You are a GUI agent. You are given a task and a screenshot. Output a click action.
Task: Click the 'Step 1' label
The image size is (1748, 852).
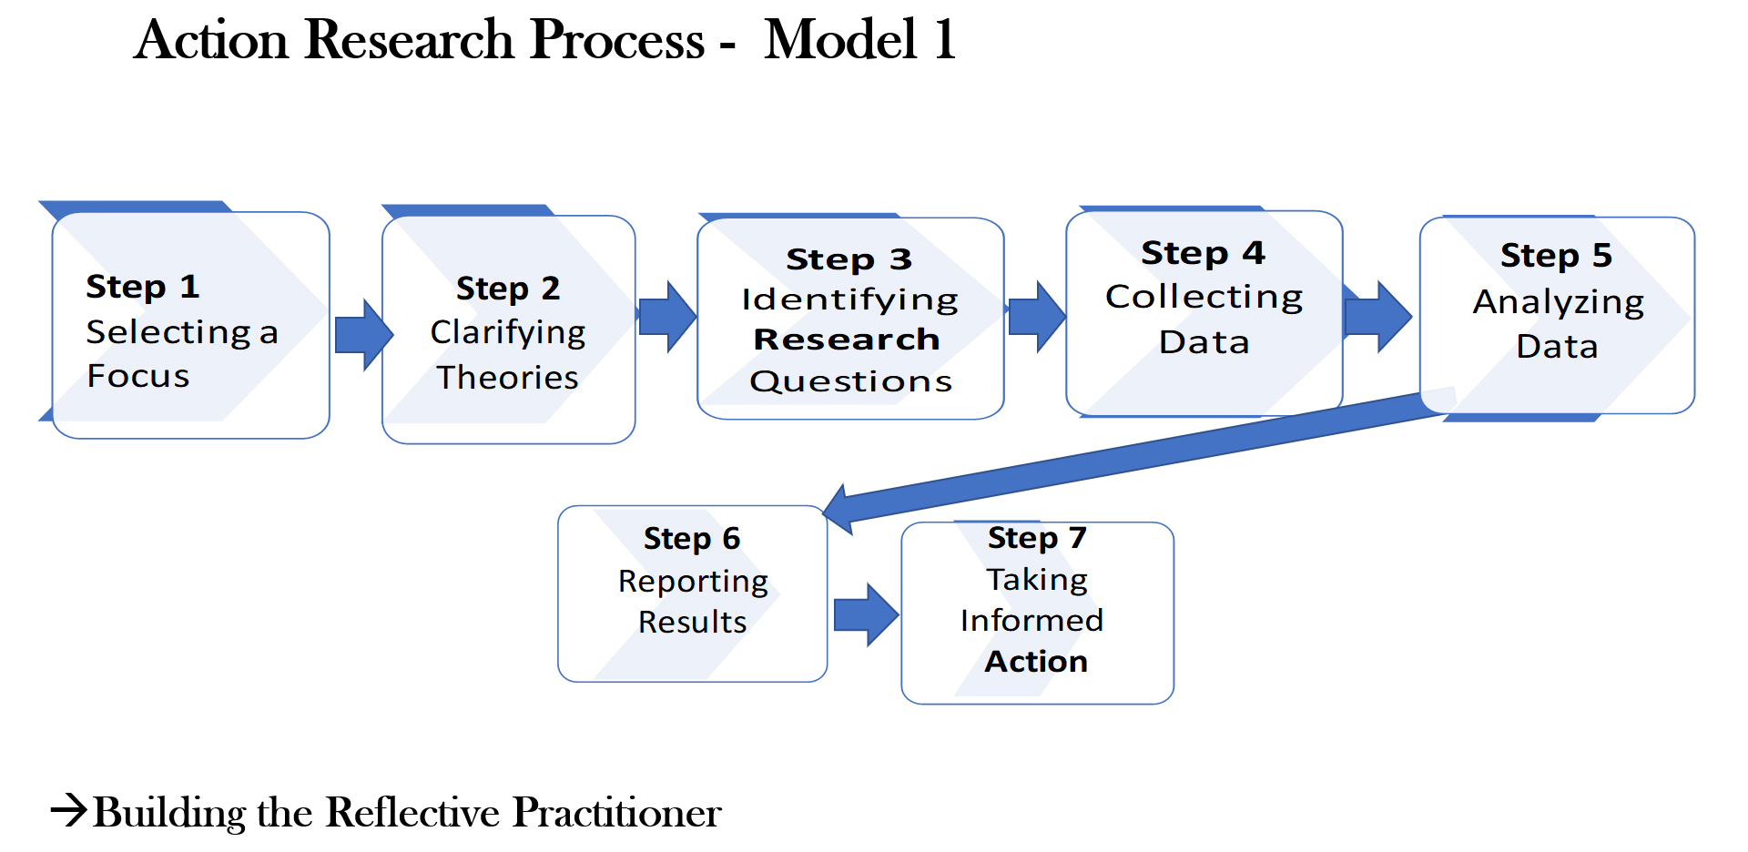[142, 287]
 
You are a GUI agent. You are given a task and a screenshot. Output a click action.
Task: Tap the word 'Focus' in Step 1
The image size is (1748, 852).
[138, 376]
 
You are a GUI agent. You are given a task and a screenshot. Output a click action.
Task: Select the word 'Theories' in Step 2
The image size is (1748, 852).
[507, 377]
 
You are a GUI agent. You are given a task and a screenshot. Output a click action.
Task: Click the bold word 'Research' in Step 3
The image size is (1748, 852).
[847, 340]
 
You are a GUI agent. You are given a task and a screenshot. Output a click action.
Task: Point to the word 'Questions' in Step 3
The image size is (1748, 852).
[850, 381]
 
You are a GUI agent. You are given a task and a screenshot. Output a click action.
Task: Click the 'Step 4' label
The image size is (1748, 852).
[1204, 252]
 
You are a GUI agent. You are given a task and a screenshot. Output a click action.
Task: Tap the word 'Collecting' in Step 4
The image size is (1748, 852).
[1204, 298]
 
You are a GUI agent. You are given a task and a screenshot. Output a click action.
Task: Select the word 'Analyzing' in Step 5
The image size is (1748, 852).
[1558, 302]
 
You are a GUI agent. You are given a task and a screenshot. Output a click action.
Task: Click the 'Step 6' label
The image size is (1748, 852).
[692, 538]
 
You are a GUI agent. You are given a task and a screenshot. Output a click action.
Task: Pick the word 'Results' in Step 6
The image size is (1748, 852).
[692, 622]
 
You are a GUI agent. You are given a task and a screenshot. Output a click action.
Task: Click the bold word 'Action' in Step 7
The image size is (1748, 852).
[1036, 661]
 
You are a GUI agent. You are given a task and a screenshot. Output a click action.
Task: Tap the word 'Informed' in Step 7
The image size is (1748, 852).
[1032, 620]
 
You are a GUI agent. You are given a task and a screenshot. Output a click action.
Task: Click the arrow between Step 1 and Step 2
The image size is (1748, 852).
[363, 335]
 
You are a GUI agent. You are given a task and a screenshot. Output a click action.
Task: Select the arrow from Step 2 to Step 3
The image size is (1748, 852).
[667, 317]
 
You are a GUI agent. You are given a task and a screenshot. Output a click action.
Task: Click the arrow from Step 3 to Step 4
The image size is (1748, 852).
[1037, 317]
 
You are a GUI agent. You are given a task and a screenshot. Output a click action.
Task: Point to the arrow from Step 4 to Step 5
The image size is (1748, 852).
[1377, 317]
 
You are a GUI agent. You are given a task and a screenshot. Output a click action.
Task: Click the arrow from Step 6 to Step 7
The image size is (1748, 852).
[866, 615]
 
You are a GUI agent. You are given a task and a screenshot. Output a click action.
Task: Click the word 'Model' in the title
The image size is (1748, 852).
[840, 40]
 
